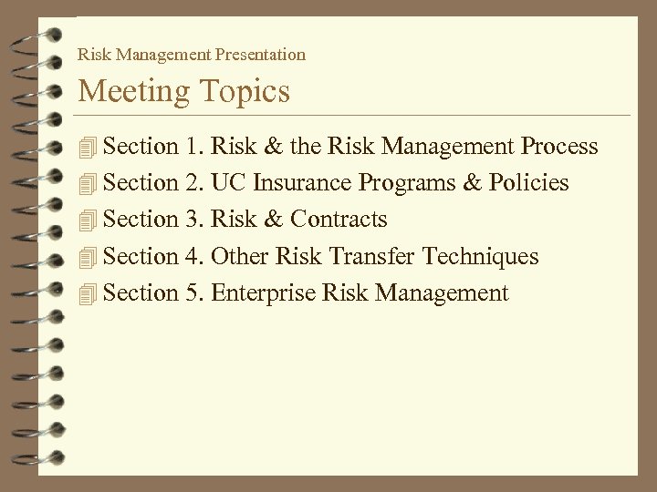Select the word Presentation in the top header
click(262, 55)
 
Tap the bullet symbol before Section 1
click(87, 147)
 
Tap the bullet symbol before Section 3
click(87, 220)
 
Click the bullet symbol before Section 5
click(87, 293)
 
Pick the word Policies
click(528, 183)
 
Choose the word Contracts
click(339, 220)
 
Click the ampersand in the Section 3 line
click(273, 220)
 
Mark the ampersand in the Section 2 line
click(471, 183)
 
